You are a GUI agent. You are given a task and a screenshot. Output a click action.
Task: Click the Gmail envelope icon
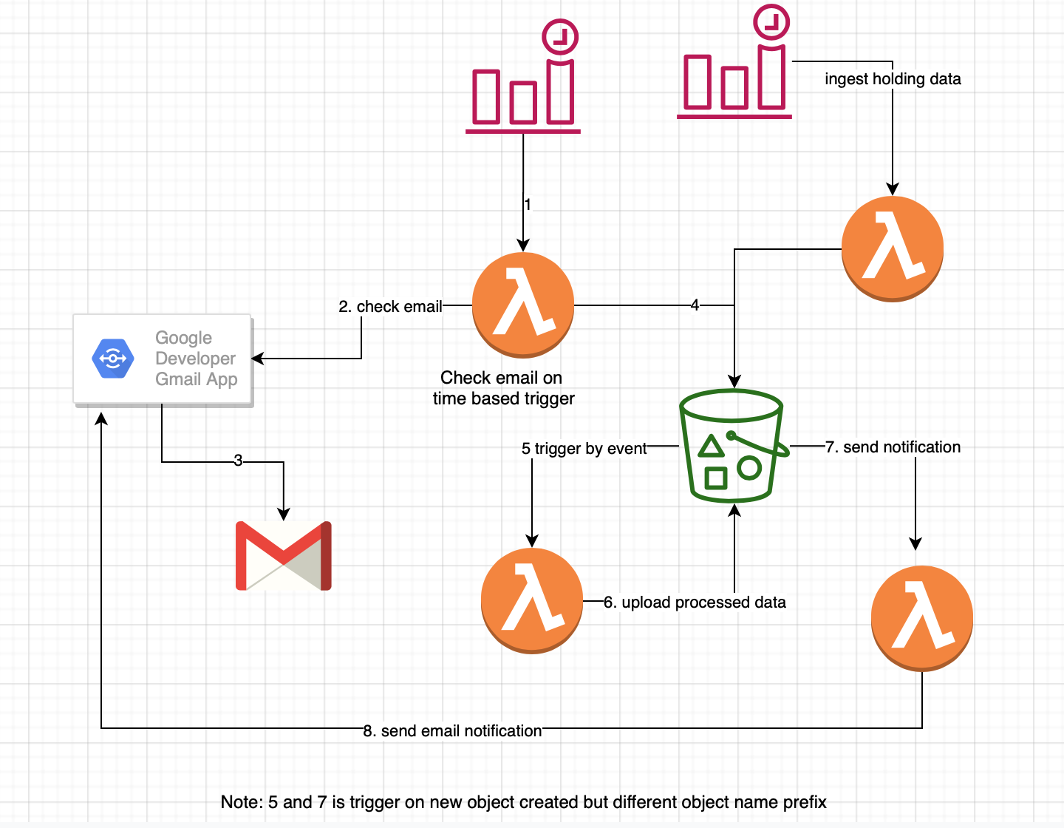[284, 556]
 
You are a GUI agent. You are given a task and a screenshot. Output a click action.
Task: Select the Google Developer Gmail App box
[163, 360]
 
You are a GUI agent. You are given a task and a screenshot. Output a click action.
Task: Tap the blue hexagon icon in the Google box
[112, 359]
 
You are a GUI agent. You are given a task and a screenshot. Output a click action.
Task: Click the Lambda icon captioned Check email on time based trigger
[523, 305]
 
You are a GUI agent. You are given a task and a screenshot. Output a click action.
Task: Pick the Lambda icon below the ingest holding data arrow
[893, 248]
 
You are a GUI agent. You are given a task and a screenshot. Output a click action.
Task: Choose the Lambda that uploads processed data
[532, 600]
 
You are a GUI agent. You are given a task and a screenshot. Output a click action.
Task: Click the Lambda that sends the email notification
[922, 618]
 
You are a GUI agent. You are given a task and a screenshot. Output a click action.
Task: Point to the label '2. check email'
[390, 306]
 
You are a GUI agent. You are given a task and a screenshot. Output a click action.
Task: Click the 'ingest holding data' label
[893, 79]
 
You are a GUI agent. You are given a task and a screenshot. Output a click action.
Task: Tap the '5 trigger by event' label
[584, 449]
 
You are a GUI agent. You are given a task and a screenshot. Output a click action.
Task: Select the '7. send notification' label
[893, 447]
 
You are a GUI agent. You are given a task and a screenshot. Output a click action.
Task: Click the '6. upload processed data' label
[695, 603]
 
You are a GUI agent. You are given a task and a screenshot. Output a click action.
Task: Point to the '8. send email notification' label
[452, 731]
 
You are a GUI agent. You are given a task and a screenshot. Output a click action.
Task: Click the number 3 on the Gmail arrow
[238, 461]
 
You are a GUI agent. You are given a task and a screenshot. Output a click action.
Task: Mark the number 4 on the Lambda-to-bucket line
[695, 305]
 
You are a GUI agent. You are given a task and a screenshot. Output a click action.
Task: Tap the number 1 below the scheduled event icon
[528, 204]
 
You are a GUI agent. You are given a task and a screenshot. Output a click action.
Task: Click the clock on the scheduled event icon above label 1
[560, 36]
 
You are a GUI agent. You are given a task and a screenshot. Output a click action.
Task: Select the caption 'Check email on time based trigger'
[502, 388]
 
